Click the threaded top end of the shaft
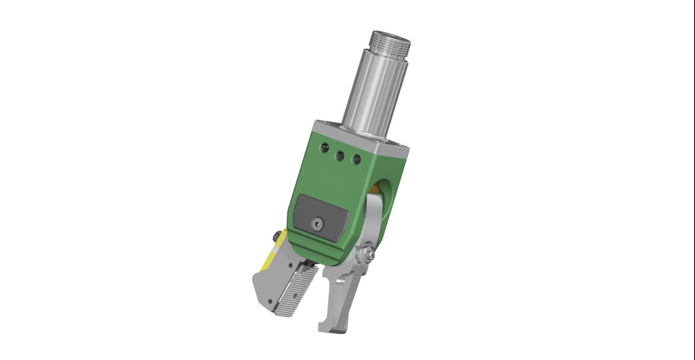[391, 42]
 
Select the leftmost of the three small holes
[326, 147]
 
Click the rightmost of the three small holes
[356, 160]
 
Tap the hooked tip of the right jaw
[325, 326]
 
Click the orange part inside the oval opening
[376, 191]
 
